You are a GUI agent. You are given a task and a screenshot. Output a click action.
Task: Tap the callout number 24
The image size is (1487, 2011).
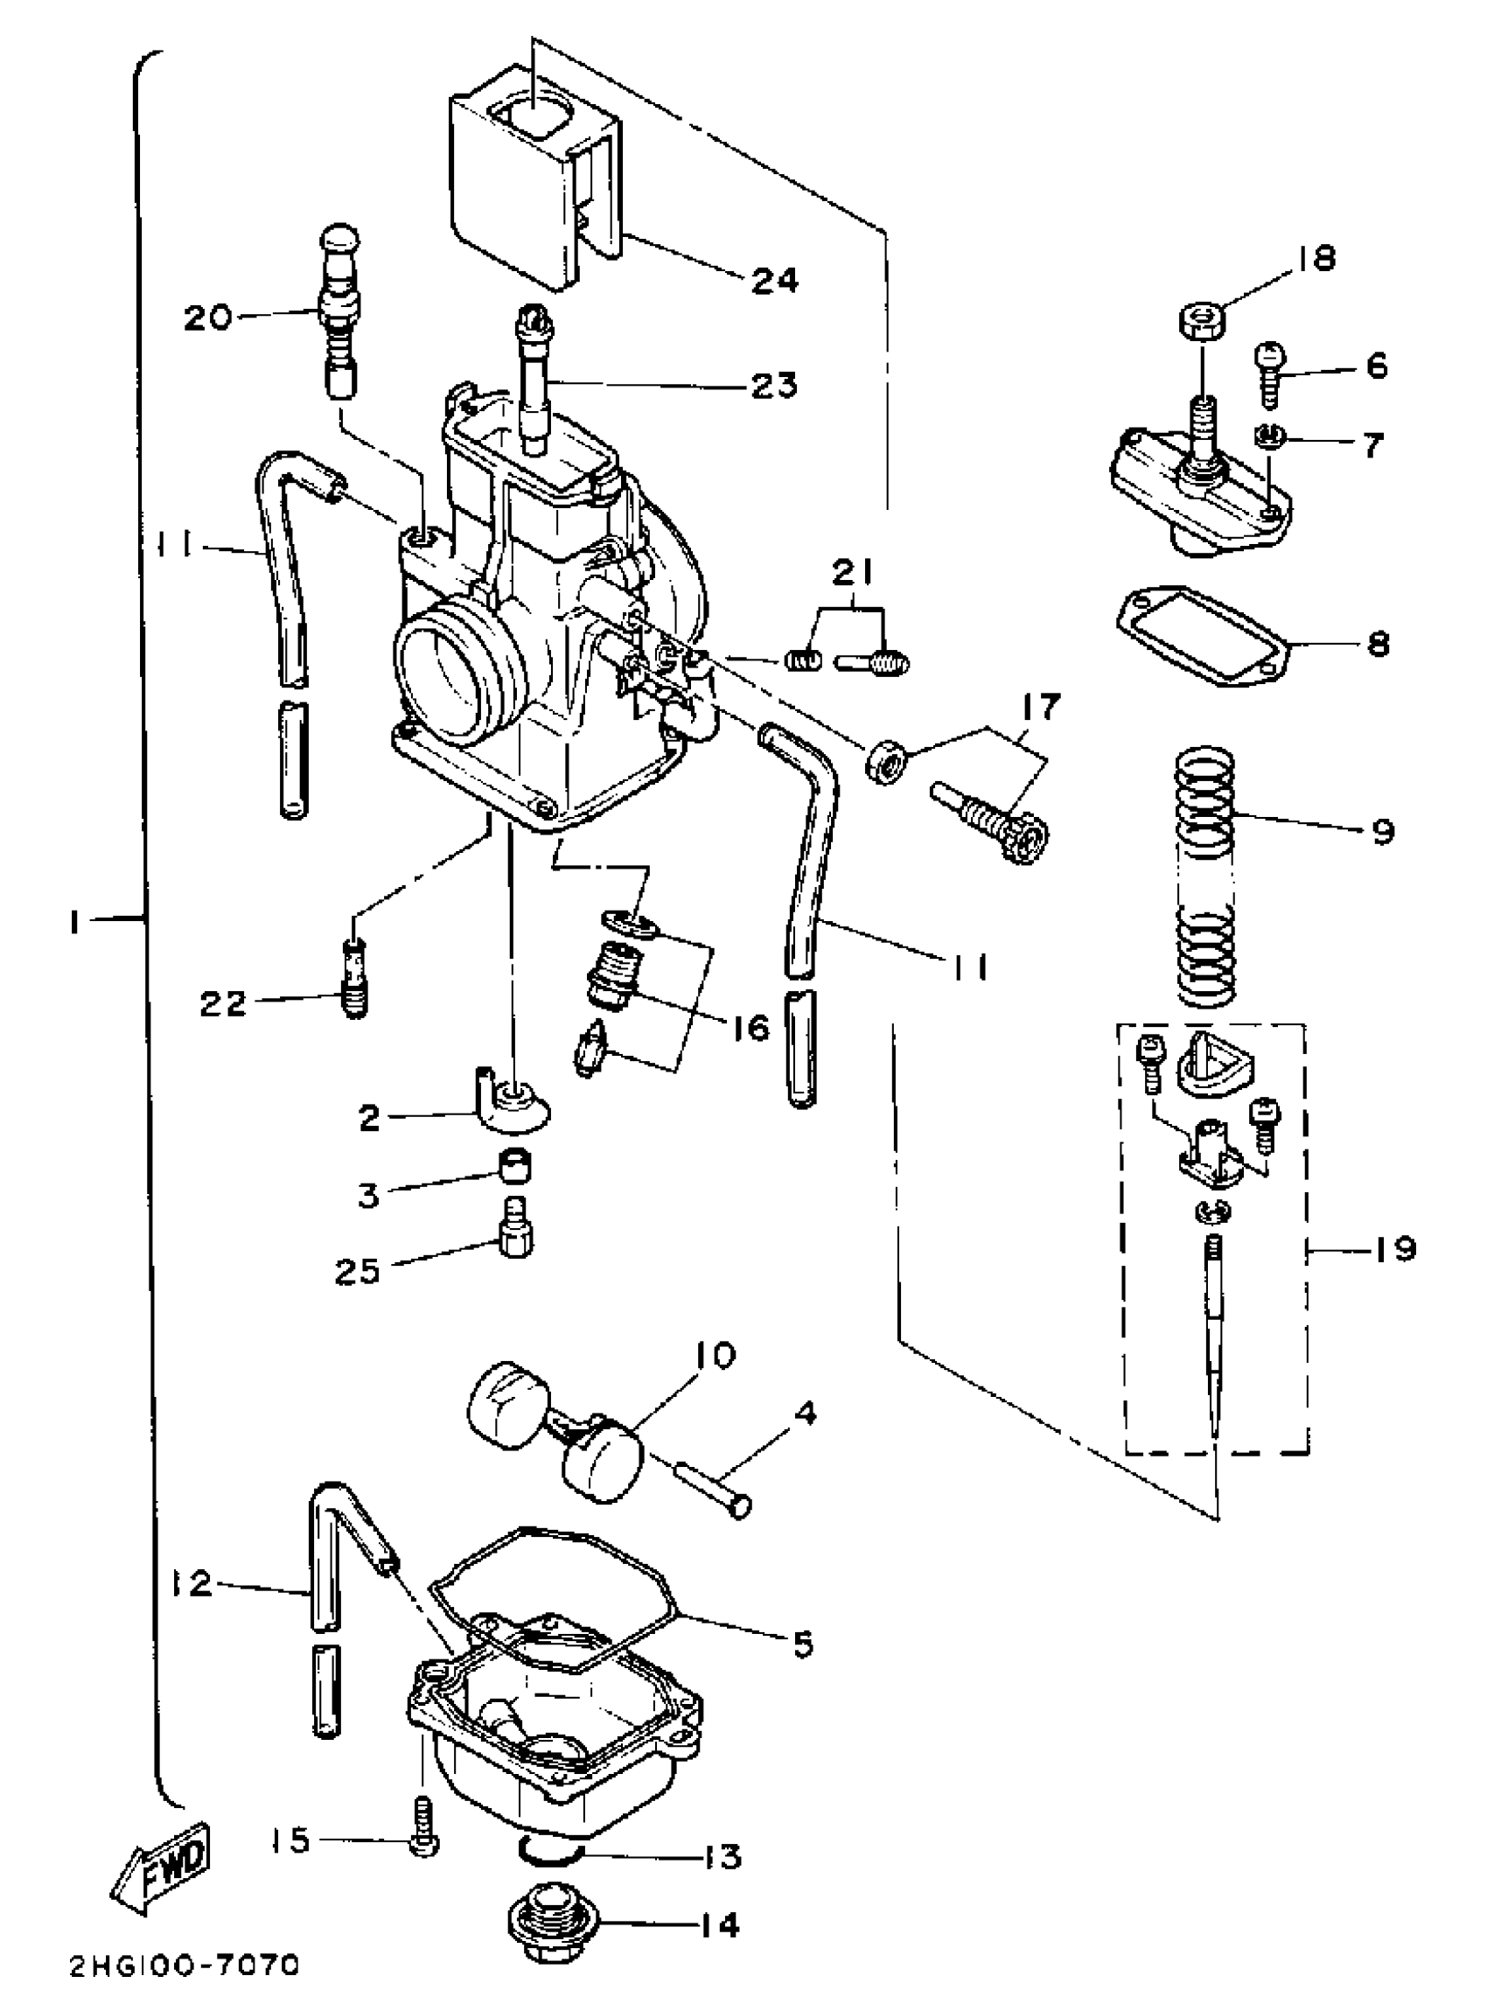(x=775, y=280)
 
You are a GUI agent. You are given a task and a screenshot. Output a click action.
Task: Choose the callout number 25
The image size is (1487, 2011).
(x=358, y=1271)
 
